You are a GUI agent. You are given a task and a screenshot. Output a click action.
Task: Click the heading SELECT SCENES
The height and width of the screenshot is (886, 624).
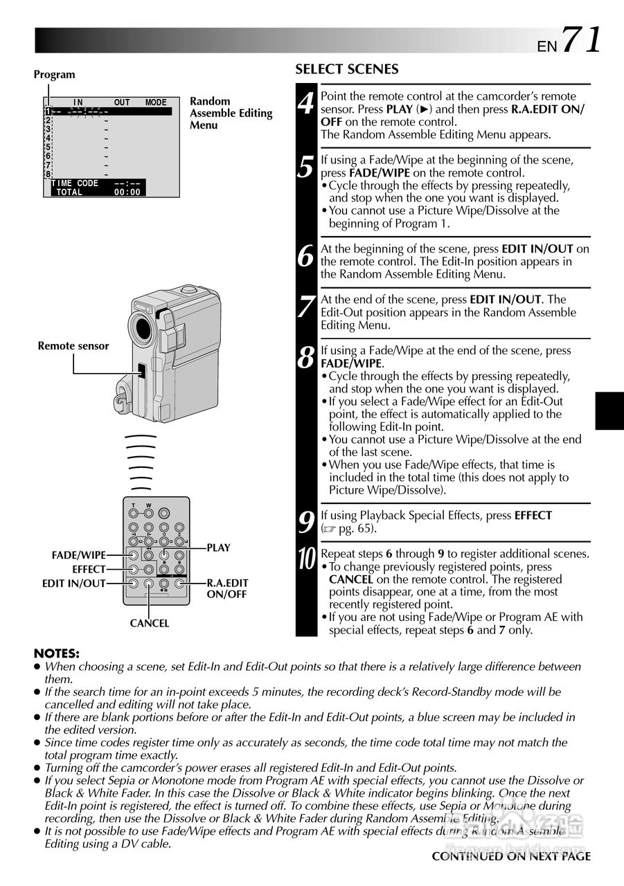[x=347, y=69]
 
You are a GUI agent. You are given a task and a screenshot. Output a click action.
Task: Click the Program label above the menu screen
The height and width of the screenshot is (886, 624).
[x=55, y=75]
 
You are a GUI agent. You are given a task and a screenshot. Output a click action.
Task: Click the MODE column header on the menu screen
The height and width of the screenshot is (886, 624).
[x=156, y=102]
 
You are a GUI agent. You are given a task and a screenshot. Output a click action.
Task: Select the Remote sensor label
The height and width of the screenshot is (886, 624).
[x=73, y=346]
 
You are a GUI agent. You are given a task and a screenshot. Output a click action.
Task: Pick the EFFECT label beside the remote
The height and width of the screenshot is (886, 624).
[x=89, y=569]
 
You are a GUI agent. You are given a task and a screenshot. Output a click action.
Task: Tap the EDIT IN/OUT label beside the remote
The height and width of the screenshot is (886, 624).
[x=73, y=584]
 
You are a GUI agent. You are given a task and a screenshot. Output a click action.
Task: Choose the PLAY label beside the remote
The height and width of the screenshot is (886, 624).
[x=218, y=548]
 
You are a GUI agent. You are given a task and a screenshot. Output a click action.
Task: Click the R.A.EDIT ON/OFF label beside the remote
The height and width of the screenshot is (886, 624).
[x=227, y=589]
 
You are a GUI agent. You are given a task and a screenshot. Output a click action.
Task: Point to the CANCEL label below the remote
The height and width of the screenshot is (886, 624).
[x=149, y=624]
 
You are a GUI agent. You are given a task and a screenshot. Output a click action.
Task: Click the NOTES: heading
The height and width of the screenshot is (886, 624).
[x=57, y=653]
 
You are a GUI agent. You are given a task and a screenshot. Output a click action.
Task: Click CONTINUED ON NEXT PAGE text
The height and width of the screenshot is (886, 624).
[x=511, y=856]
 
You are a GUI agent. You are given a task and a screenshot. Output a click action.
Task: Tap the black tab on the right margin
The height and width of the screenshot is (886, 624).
[x=609, y=410]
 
